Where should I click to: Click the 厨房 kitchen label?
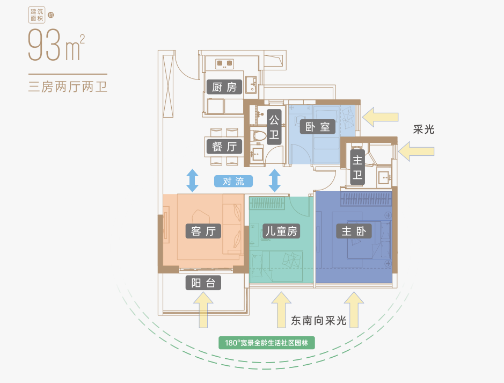(224, 88)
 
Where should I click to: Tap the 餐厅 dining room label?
(224, 146)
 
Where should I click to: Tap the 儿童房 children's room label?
(281, 232)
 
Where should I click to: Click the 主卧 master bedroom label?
(354, 232)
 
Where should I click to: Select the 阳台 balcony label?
(203, 283)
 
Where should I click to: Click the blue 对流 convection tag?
(233, 181)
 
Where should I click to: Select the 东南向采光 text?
(318, 321)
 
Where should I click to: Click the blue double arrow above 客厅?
(192, 180)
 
